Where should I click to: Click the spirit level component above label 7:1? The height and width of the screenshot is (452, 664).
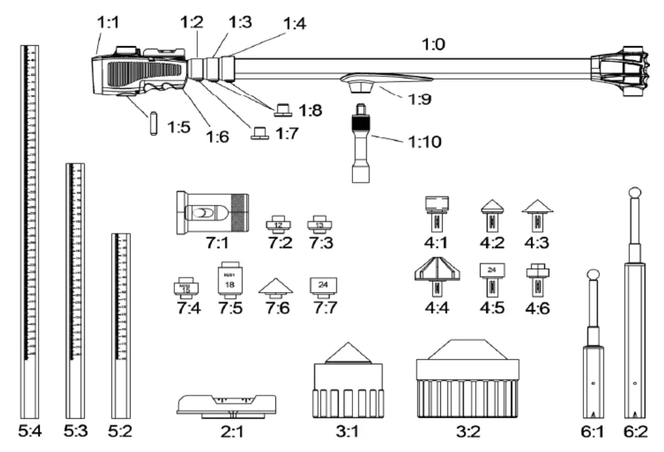(x=212, y=213)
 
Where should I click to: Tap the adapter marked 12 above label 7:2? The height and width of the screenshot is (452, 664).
(x=278, y=225)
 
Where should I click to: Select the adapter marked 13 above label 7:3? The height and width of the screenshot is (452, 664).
(x=319, y=225)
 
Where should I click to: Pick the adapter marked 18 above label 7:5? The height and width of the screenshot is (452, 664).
(x=229, y=280)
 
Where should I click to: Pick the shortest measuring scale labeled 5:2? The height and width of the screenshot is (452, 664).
(x=121, y=325)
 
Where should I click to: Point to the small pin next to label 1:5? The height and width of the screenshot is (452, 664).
(x=153, y=123)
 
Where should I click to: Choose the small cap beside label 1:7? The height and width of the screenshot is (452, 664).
(x=260, y=132)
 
